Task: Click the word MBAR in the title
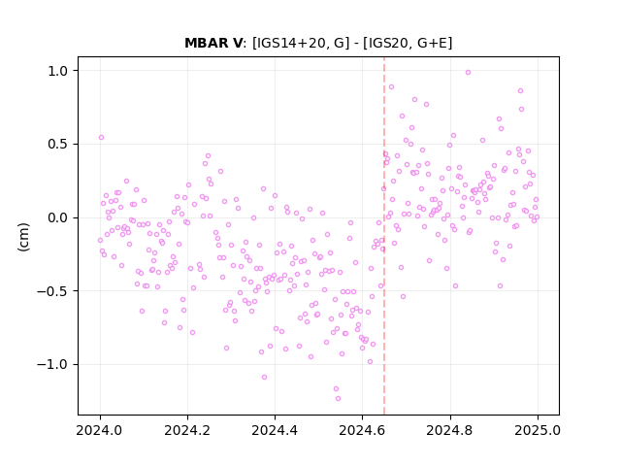coord(208,43)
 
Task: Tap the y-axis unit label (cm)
coord(23,237)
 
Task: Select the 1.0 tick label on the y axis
coord(58,71)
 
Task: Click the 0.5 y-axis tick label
coord(58,145)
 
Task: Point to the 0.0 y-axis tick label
coord(58,217)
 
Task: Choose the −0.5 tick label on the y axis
coord(52,291)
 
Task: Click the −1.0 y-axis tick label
coord(52,365)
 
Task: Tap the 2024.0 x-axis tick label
coord(100,430)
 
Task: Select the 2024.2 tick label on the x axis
coord(187,430)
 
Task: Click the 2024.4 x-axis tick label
coord(275,430)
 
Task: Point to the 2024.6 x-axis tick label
coord(362,430)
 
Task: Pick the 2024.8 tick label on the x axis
coord(450,430)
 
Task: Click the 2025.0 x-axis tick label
coord(538,430)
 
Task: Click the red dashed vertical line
coord(384,236)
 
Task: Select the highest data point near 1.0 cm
coord(468,73)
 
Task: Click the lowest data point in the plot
coord(338,399)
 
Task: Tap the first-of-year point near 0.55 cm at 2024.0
coord(101,138)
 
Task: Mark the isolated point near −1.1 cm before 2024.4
coord(264,378)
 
